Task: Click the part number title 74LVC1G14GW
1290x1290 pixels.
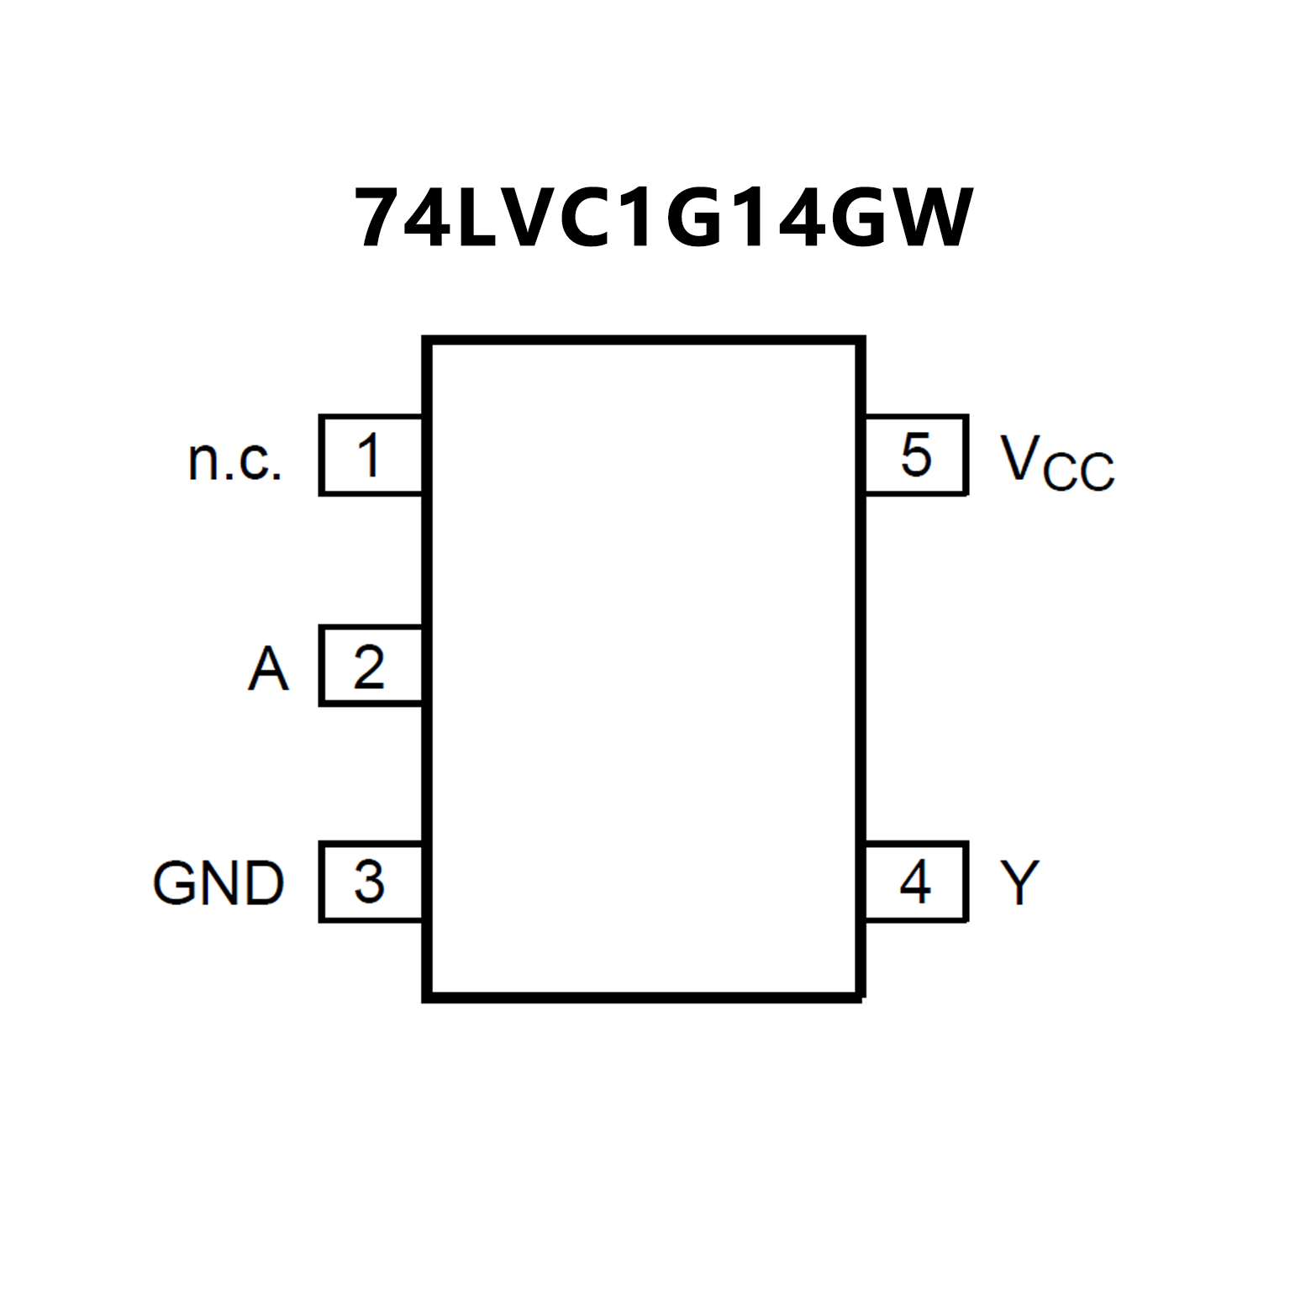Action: click(664, 219)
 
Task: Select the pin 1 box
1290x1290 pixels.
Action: click(371, 455)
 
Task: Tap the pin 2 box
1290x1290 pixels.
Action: click(371, 666)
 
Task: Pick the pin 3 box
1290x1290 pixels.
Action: click(371, 882)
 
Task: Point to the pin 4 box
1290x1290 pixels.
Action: click(916, 882)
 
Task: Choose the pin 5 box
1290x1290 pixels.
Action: click(916, 455)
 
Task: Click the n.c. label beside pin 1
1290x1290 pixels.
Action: click(234, 461)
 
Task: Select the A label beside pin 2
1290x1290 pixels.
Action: click(268, 669)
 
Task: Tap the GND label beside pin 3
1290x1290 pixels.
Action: click(219, 883)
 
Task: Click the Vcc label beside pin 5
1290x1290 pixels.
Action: click(1056, 461)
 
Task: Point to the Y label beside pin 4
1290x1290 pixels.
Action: click(1019, 882)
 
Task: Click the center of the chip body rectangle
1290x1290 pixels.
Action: click(644, 668)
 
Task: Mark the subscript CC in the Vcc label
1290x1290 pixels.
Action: click(1079, 471)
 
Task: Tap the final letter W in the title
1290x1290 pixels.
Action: click(931, 219)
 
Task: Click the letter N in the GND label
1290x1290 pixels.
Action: click(219, 883)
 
